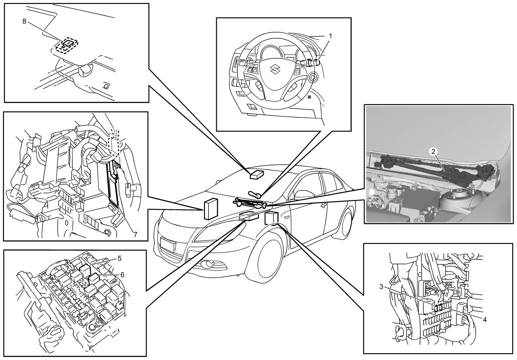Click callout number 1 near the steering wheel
[x=330, y=37]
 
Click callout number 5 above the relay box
[x=120, y=258]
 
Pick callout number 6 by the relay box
[x=123, y=274]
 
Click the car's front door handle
[x=324, y=206]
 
